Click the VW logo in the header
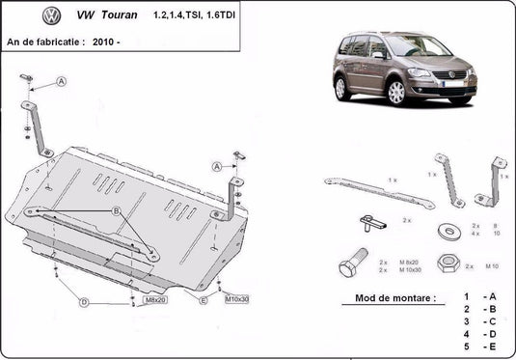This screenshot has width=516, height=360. click(52, 16)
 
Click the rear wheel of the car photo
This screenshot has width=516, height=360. click(342, 88)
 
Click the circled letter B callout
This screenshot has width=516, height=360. click(115, 210)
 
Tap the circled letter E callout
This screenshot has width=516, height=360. click(204, 300)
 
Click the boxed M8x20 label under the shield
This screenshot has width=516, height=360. click(155, 300)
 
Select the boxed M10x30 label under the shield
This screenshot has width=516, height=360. click(236, 300)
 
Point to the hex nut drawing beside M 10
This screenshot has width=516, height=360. click(447, 262)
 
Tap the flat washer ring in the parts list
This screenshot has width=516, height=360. click(448, 231)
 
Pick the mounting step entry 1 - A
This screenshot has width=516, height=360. click(478, 295)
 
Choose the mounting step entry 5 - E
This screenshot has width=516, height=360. click(478, 345)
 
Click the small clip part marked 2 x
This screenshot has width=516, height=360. click(371, 223)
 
